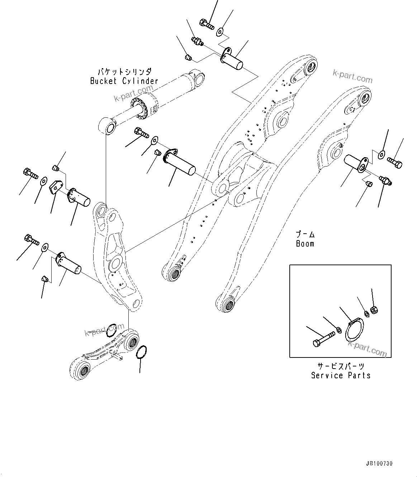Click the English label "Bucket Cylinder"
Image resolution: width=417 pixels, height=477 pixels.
[x=124, y=81]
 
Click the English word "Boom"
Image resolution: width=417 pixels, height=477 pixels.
[x=305, y=244]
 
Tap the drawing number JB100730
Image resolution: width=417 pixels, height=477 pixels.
[x=379, y=463]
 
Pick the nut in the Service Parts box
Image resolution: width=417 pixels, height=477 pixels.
[x=373, y=309]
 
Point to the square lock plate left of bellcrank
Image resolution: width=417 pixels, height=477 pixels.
[x=55, y=187]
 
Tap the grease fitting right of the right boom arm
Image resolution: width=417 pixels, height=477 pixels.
[x=386, y=180]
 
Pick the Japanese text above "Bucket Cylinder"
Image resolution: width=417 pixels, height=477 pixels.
[x=124, y=72]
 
